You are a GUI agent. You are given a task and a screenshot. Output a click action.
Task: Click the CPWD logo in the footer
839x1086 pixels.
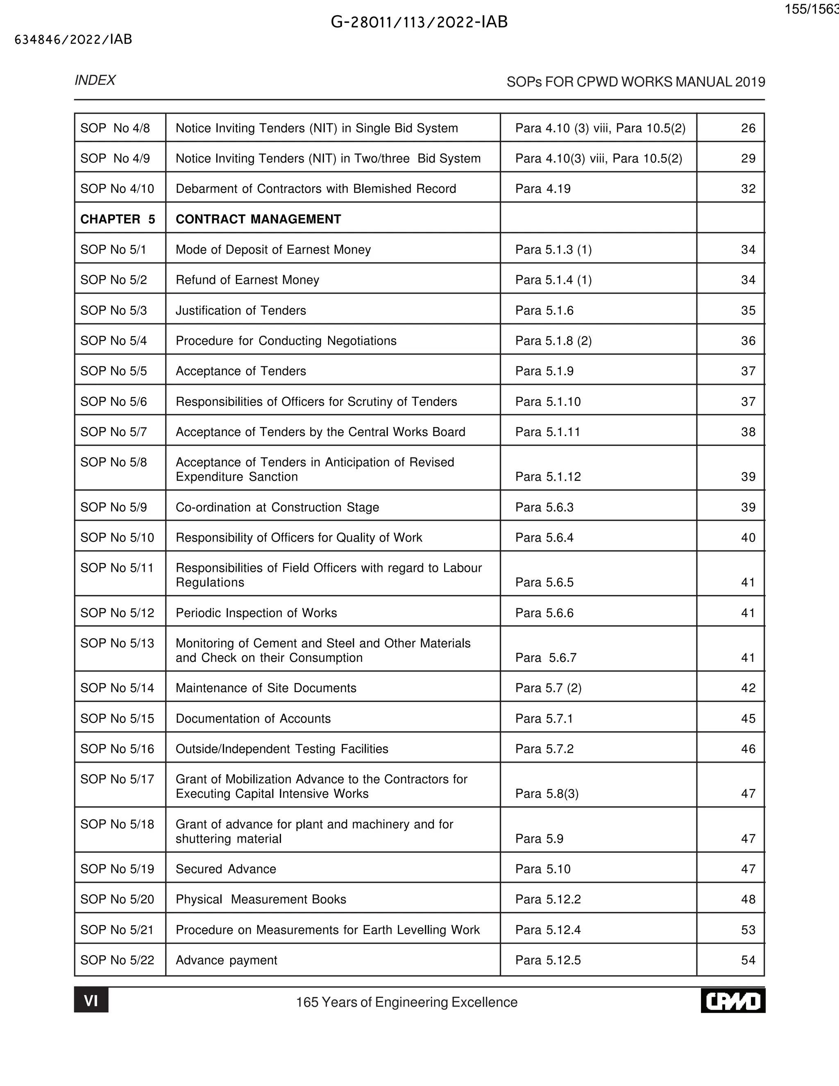(x=732, y=1000)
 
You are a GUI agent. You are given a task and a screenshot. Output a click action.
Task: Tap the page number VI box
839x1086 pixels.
(x=91, y=1000)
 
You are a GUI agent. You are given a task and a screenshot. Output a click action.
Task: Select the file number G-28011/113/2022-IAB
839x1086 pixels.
(x=419, y=22)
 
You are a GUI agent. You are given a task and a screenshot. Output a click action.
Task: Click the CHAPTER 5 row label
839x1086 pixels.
(x=118, y=219)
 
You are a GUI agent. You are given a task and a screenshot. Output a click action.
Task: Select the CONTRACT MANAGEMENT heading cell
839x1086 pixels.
(x=258, y=219)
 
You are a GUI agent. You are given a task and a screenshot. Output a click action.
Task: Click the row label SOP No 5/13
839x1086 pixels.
(x=117, y=643)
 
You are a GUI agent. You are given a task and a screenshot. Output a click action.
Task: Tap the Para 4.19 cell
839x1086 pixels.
(x=543, y=189)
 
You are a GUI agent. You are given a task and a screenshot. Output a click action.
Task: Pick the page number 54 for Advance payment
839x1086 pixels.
(x=748, y=960)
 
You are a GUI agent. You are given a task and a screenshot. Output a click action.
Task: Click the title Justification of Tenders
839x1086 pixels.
(x=240, y=310)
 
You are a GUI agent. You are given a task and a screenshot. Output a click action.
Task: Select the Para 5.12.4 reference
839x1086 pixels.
(x=548, y=930)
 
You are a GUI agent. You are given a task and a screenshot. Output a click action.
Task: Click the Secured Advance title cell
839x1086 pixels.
(x=226, y=869)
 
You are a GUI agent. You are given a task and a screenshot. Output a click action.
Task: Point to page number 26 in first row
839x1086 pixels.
(x=748, y=128)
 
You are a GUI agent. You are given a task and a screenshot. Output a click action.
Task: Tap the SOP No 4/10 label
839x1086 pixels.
(x=117, y=189)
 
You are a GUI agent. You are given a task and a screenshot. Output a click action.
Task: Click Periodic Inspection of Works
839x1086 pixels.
(x=256, y=613)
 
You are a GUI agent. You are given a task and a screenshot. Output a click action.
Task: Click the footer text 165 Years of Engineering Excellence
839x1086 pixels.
(x=406, y=1002)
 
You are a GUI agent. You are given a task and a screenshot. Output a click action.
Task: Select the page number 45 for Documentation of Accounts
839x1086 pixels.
(x=748, y=718)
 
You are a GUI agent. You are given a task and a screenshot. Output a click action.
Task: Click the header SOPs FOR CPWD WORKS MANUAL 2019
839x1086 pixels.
(x=635, y=82)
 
